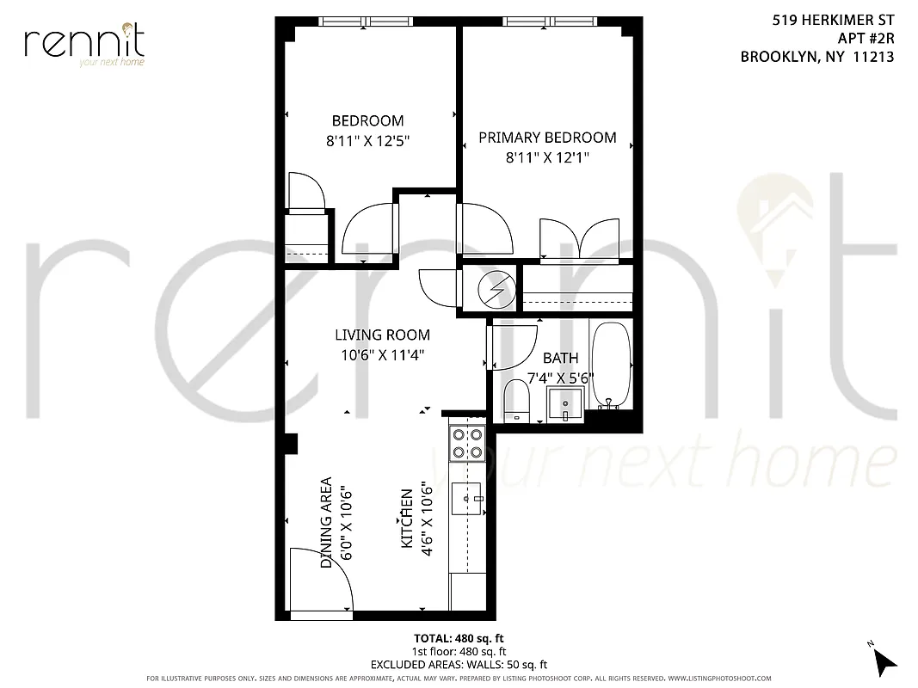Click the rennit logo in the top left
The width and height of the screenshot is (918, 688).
point(84,44)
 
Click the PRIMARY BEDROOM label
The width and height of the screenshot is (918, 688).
point(547,138)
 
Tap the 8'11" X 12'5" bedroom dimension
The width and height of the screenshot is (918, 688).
point(367,140)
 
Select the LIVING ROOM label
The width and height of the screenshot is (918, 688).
point(382,335)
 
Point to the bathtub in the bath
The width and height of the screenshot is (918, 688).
point(611,365)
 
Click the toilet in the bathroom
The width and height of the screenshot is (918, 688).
point(516,400)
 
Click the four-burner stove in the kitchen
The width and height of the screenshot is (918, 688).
point(467,443)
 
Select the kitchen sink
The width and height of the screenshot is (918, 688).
point(468,496)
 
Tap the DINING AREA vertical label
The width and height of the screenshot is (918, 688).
point(327,522)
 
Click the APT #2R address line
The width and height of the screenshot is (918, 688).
point(866,38)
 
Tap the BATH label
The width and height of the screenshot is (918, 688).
point(560,358)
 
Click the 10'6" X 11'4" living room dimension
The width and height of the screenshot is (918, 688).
point(382,353)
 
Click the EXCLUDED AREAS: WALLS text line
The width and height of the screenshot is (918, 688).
point(459,665)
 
